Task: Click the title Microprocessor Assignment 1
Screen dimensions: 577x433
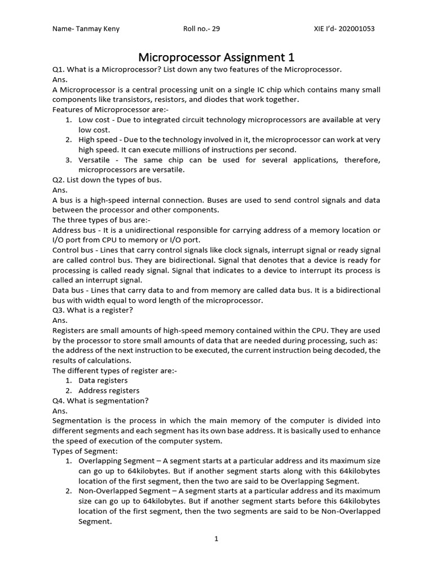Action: pos(216,57)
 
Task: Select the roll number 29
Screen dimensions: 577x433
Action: pos(215,29)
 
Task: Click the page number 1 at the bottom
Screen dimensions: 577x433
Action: pos(216,539)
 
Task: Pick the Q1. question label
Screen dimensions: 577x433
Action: pos(59,69)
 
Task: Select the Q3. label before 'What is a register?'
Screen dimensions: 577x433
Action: pos(59,310)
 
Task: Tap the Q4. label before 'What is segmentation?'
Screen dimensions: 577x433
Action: pos(59,401)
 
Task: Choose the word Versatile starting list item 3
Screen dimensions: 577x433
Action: pos(95,160)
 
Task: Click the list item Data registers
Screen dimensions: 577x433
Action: pos(103,380)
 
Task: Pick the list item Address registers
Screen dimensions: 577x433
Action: pos(109,390)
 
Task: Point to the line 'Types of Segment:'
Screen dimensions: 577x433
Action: pos(85,451)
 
